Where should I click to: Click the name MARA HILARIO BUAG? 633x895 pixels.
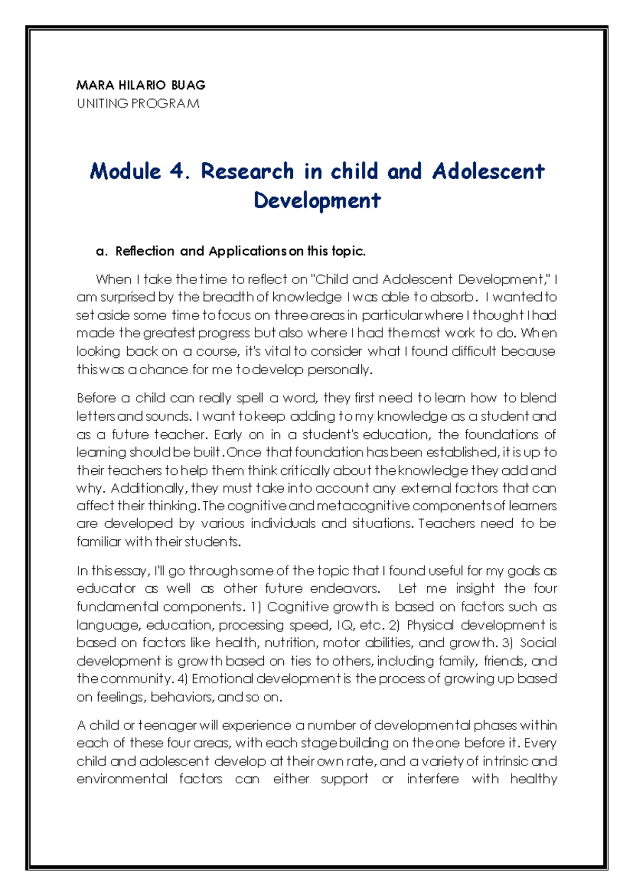point(141,85)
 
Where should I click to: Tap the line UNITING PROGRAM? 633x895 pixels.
point(138,103)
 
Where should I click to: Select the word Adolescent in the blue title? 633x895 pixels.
point(488,171)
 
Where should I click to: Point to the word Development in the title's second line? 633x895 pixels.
point(317,201)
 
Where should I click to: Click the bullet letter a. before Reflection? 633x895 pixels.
point(101,251)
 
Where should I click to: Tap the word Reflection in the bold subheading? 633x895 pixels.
point(145,251)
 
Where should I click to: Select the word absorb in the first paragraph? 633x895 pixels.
point(453,297)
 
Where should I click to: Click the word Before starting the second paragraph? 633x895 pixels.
point(96,398)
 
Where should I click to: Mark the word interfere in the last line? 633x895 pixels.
point(433,779)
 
